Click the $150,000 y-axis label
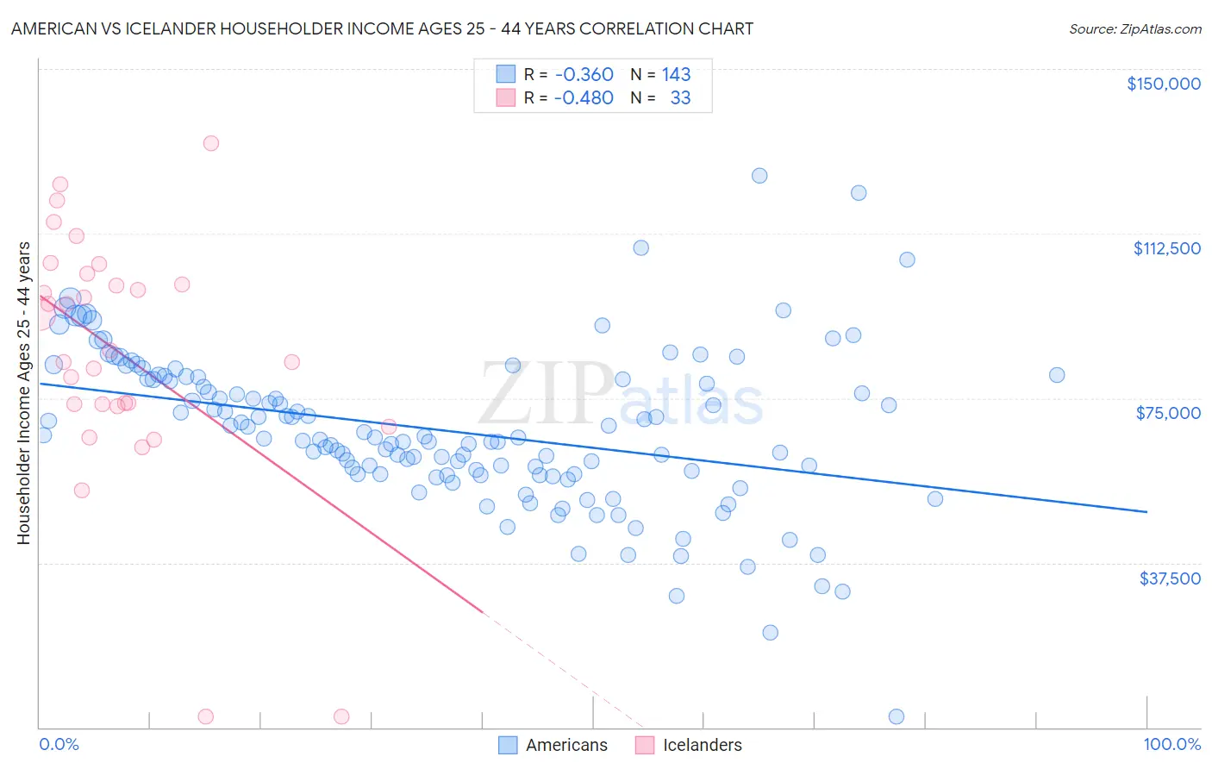[x=1163, y=84]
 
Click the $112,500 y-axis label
[x=1166, y=248]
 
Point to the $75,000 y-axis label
[x=1168, y=413]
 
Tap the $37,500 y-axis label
[x=1170, y=578]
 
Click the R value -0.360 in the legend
[x=584, y=74]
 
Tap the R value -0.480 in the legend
[x=584, y=98]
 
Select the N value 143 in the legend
[x=676, y=74]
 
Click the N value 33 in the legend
[x=680, y=98]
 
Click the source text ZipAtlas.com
[x=1134, y=29]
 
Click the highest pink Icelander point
[x=210, y=143]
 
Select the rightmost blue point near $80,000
[x=1057, y=375]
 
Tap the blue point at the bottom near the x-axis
[x=897, y=717]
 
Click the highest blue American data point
[x=759, y=176]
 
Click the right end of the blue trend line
[x=1146, y=512]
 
